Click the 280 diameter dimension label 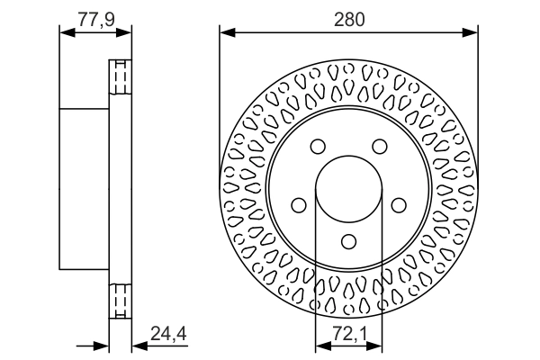pos(348,18)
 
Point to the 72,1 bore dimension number pos(348,335)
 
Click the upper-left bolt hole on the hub pos(317,147)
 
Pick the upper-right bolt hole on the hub pos(380,147)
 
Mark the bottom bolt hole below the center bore pos(348,242)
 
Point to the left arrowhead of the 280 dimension pos(226,33)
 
